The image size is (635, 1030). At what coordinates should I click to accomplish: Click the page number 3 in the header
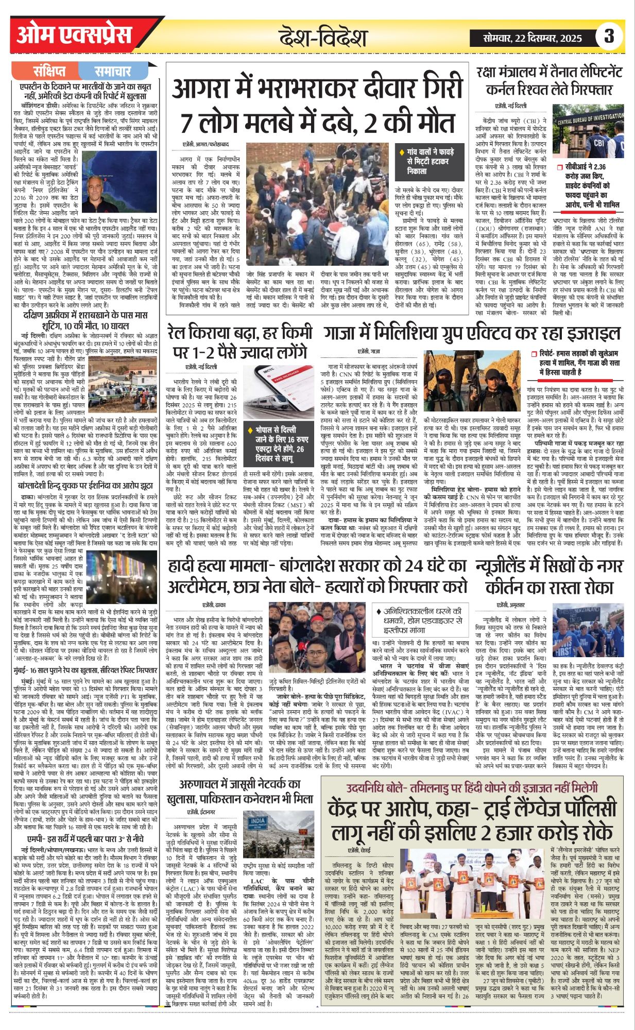click(609, 36)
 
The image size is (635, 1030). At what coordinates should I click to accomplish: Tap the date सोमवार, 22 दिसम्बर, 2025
click(533, 38)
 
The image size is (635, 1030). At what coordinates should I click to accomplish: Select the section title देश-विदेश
click(323, 38)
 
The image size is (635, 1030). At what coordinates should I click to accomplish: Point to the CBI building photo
click(588, 131)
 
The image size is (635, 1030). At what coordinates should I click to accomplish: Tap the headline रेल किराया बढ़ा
click(237, 341)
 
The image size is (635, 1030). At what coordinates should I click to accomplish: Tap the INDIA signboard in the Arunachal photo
click(258, 821)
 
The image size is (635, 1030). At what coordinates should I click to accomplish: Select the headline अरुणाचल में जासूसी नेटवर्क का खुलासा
click(240, 791)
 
